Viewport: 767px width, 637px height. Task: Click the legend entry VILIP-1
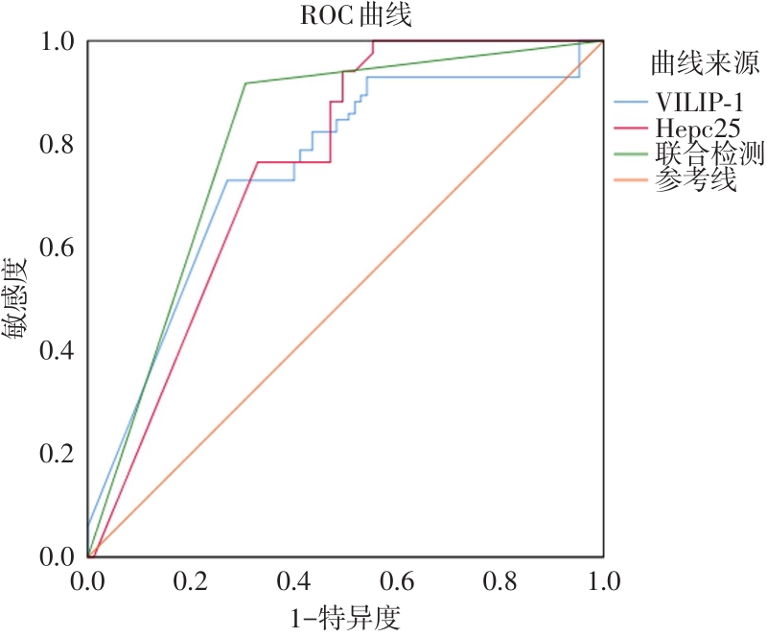tap(700, 102)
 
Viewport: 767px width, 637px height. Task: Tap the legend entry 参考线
tap(696, 179)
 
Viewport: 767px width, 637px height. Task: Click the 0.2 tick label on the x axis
tap(191, 582)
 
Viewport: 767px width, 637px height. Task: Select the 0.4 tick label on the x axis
tap(294, 582)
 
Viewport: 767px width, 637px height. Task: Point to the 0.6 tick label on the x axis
tap(397, 582)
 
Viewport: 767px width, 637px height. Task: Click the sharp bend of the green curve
tap(245, 83)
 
